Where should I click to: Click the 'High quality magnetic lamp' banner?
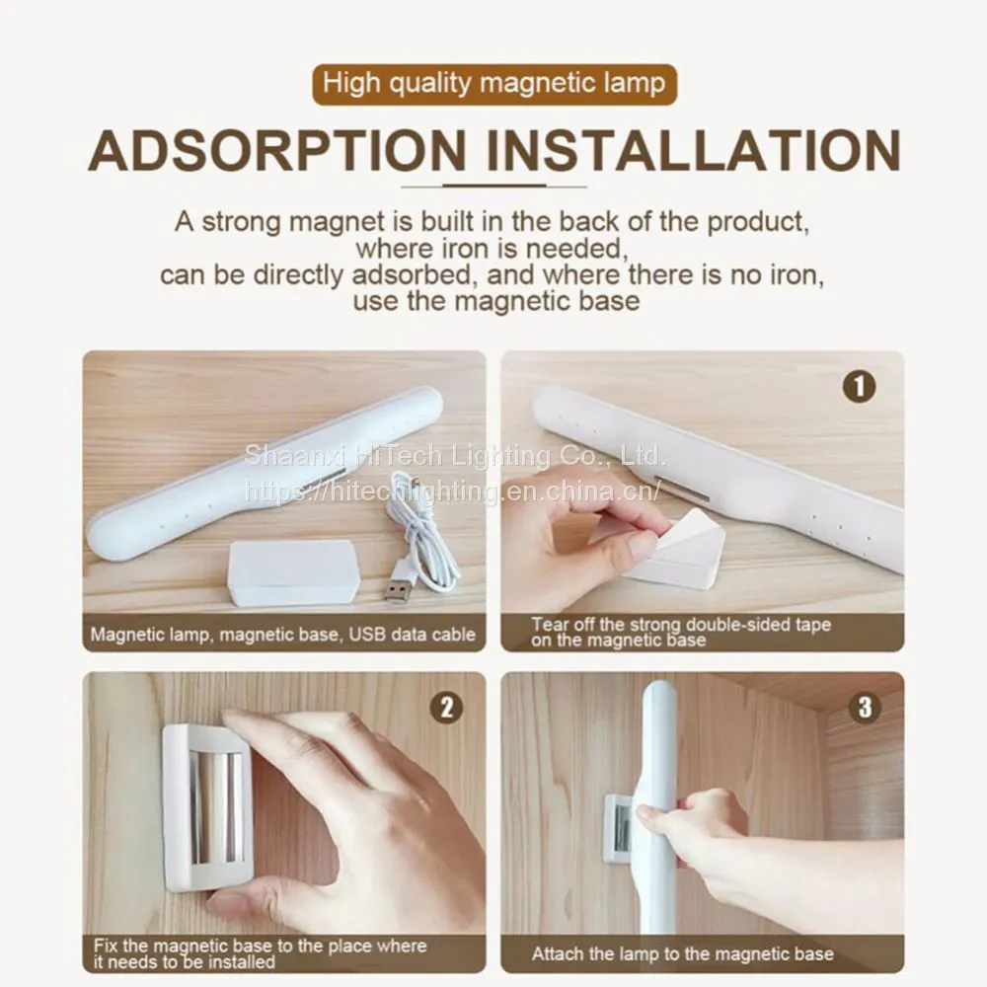[494, 84]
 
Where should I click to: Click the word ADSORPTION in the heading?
[277, 151]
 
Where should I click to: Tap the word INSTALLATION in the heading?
[694, 151]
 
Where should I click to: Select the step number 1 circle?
[859, 387]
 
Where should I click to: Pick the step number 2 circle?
[446, 708]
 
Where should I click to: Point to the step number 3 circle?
[865, 708]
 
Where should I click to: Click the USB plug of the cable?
[396, 591]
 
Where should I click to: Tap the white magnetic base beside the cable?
[291, 572]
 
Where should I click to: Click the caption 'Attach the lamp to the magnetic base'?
[682, 954]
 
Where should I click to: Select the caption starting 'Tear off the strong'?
[681, 633]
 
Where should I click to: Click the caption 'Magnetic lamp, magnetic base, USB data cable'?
[282, 634]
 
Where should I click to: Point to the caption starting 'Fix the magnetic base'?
[260, 953]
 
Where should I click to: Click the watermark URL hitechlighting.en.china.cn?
[453, 491]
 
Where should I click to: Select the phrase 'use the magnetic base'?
[496, 301]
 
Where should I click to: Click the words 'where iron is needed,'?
[493, 249]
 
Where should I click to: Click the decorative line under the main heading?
[494, 187]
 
